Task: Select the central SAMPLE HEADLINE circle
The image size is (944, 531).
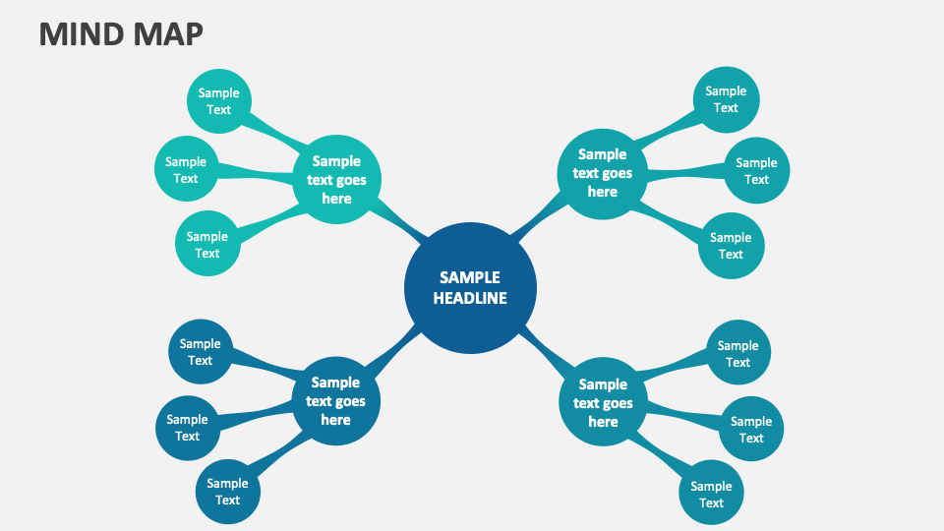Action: click(x=470, y=287)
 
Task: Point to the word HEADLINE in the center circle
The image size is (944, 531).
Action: click(x=470, y=298)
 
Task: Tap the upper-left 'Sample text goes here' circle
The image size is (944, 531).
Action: click(x=336, y=179)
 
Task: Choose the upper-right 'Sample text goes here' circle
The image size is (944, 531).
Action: click(x=602, y=173)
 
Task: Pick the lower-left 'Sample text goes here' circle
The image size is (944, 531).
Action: click(x=335, y=400)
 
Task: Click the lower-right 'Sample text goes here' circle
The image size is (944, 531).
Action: click(x=603, y=402)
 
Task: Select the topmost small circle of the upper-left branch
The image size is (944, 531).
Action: click(x=218, y=101)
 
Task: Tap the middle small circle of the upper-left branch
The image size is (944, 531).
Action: click(x=186, y=170)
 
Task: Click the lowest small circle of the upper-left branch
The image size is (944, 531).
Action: click(x=207, y=244)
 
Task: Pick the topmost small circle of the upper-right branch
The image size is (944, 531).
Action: click(x=726, y=99)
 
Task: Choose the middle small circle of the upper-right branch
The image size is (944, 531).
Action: click(x=756, y=171)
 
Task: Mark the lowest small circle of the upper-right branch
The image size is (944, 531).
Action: click(x=731, y=246)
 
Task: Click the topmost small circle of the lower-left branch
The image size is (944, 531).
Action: click(x=201, y=352)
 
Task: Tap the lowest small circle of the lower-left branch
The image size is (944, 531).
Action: click(x=227, y=492)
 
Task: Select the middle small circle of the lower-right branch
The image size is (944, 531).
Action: click(x=751, y=430)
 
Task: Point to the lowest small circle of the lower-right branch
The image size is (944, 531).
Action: click(x=711, y=494)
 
